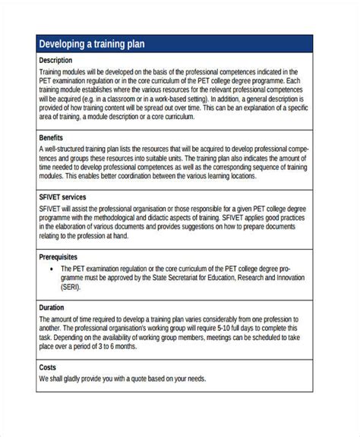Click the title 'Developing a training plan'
(x=91, y=45)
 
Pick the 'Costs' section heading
(x=48, y=367)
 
